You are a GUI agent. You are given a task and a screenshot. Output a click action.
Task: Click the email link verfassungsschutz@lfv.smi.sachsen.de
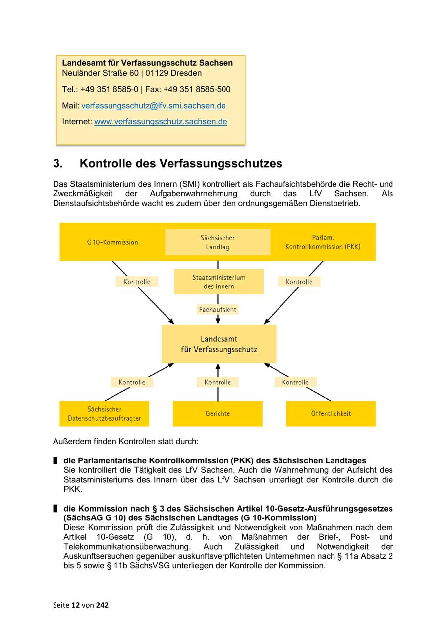click(x=154, y=106)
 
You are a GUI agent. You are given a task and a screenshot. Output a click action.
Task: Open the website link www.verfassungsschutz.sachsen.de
click(x=161, y=121)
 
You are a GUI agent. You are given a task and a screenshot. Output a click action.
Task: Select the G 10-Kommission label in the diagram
click(x=112, y=242)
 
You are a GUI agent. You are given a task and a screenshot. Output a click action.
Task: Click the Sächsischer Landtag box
click(x=218, y=242)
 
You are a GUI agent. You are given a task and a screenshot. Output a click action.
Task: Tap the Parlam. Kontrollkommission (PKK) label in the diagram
click(x=323, y=242)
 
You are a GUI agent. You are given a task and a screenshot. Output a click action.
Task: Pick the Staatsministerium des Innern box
click(x=219, y=282)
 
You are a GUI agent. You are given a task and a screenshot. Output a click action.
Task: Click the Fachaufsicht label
click(x=218, y=309)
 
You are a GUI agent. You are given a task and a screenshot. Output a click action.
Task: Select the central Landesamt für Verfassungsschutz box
click(x=219, y=344)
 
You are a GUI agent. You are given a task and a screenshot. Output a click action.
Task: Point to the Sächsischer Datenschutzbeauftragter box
click(x=105, y=414)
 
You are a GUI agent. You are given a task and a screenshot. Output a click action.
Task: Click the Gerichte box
click(x=218, y=414)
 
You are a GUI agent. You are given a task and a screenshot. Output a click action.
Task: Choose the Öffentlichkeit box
click(x=331, y=414)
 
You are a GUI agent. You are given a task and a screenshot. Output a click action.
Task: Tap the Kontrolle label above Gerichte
click(x=218, y=382)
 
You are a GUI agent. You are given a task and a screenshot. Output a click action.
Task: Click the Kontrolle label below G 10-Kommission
click(x=137, y=282)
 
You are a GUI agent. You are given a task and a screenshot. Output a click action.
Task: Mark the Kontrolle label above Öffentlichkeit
click(x=295, y=382)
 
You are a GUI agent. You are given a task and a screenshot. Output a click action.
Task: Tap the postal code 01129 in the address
click(x=157, y=73)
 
